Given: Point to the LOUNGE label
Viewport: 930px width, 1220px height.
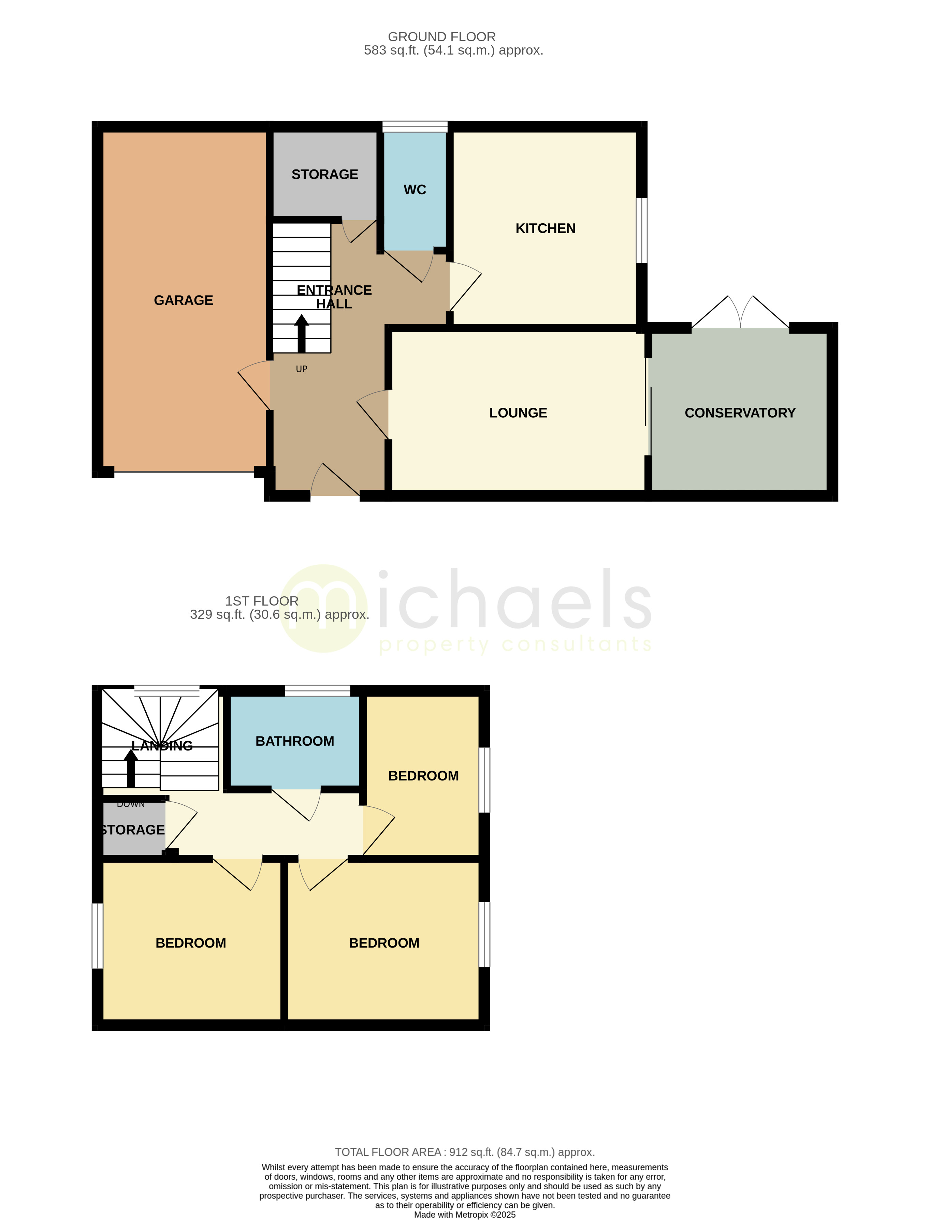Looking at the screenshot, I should point(518,413).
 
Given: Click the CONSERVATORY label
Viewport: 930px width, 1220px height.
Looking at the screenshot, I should point(740,413).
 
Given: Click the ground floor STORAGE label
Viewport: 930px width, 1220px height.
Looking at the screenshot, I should point(325,174).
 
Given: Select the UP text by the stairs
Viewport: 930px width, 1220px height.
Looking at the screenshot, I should point(301,369).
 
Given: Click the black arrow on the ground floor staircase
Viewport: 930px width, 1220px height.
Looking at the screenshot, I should point(302,333).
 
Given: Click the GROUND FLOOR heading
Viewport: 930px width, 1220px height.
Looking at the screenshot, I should point(442,36).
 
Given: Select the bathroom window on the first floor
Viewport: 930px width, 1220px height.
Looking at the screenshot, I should point(318,690).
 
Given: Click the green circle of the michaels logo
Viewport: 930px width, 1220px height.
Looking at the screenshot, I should point(324,609).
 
